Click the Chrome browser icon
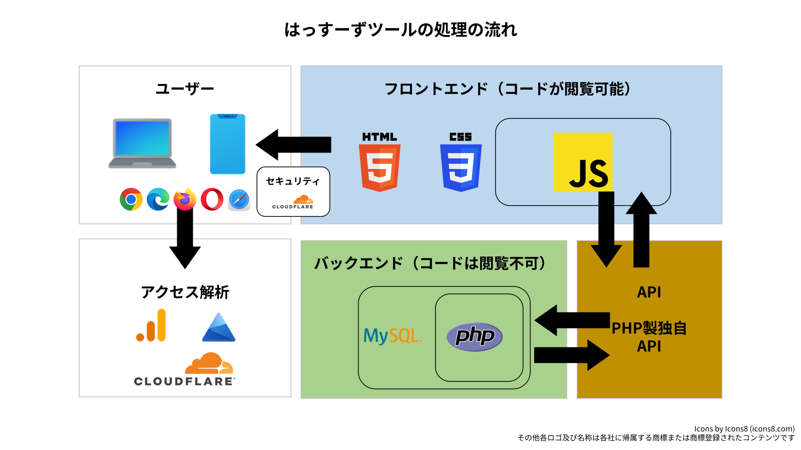131,199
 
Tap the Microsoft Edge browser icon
158,199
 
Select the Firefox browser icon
185,199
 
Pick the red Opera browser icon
212,199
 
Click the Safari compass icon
239,200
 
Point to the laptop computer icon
142,143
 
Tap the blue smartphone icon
228,144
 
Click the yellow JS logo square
583,162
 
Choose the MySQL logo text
392,335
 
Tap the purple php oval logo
475,336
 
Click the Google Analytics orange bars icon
152,325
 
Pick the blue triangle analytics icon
219,328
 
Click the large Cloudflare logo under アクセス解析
185,370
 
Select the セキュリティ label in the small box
293,181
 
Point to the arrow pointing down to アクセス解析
185,240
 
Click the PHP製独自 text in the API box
649,328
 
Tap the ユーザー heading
185,89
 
